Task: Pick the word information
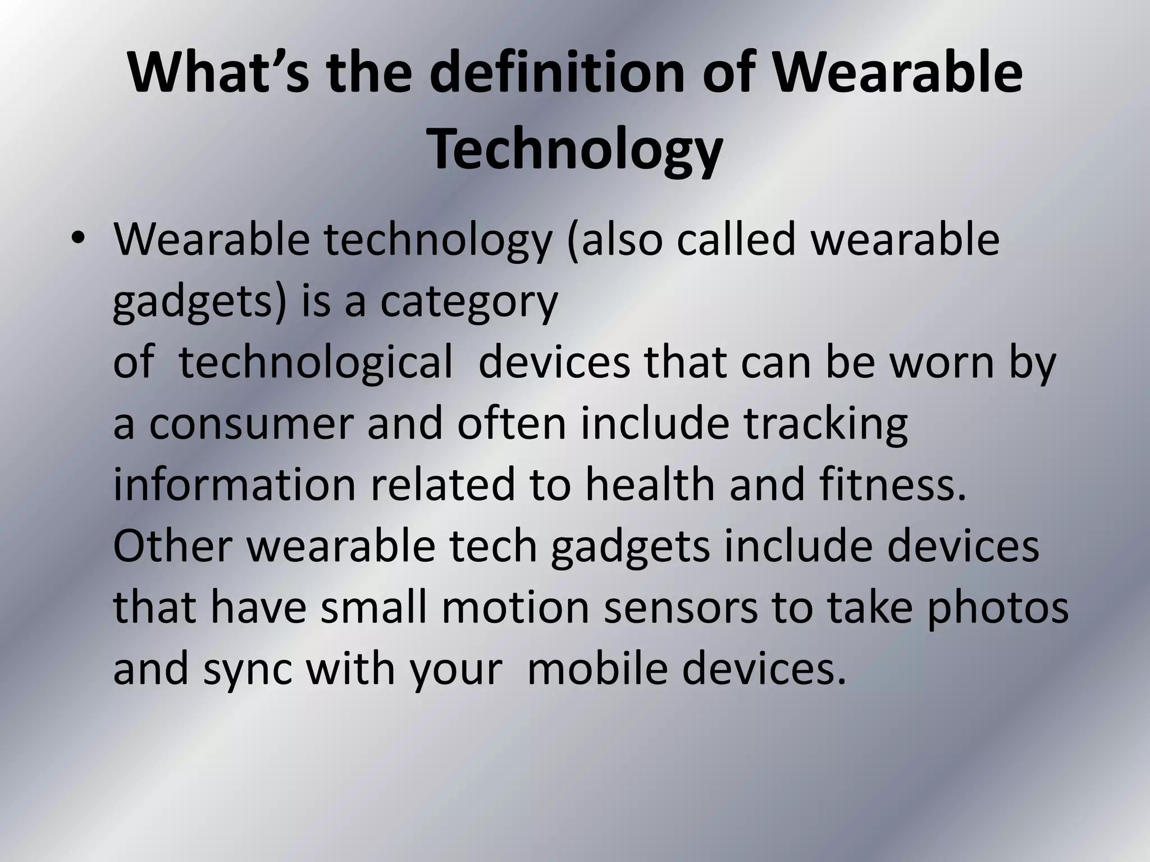pos(235,485)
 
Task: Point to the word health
pos(651,485)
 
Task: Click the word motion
pos(515,608)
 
